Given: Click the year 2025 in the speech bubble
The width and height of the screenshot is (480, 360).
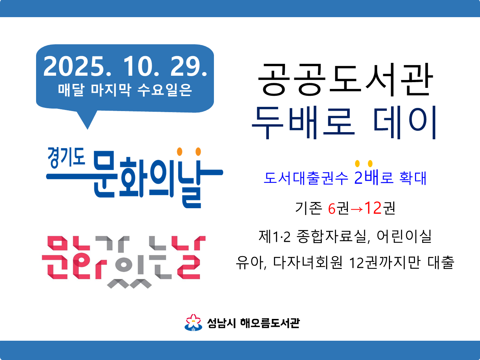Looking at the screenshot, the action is point(74,66).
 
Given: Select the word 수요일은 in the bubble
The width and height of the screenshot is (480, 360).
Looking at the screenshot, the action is point(164,90).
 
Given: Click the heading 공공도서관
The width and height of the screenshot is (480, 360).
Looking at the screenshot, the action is point(345,80).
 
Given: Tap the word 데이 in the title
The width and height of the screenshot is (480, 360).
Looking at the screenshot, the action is point(405,122).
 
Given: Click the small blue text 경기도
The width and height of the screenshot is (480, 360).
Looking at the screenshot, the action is point(66,157).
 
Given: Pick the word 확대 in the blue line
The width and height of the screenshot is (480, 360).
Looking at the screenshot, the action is point(413,178).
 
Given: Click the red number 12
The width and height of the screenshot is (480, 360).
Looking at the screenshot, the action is point(373,208).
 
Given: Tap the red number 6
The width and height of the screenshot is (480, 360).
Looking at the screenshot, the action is point(332,209).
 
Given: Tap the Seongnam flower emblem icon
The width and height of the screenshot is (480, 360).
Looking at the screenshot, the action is point(193,322).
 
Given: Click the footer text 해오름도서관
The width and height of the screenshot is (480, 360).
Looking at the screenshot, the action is point(270,323).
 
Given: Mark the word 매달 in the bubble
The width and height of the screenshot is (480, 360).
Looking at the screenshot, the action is point(71,90).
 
